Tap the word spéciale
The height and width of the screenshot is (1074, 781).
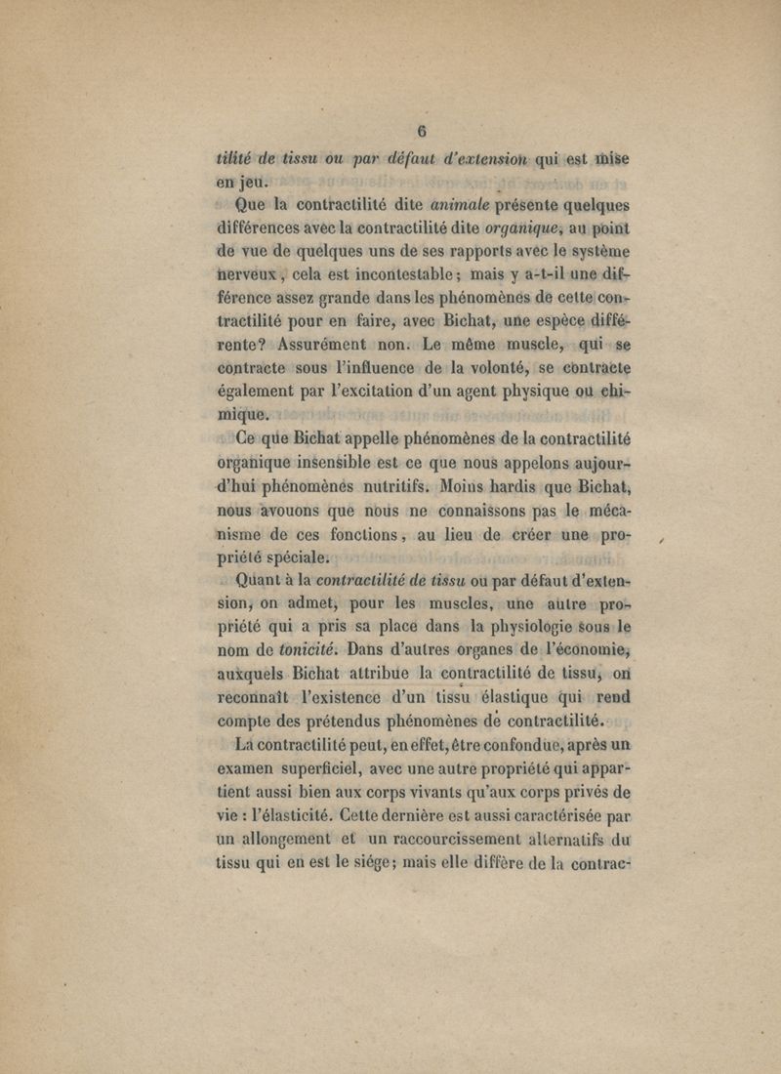click(x=293, y=559)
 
